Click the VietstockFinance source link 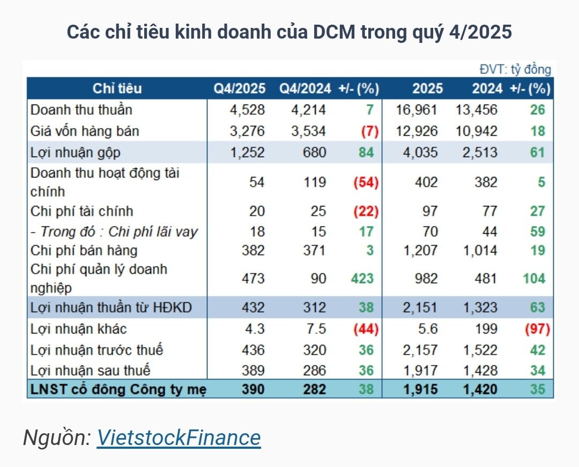coord(179,438)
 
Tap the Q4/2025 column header coord(240,88)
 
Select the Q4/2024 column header coord(305,88)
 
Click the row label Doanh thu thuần coord(81,110)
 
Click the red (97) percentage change coord(538,329)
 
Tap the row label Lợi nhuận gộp coord(76,152)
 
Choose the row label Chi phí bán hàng coord(84,250)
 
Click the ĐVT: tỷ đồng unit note coord(515,69)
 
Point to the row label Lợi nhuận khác coord(78,329)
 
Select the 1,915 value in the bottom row coord(420,389)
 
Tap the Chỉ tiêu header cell coord(117,88)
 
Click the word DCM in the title coord(330,32)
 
